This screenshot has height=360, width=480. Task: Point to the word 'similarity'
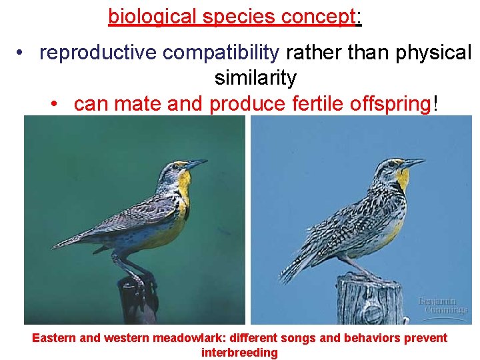[255, 78]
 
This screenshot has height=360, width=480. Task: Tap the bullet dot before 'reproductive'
[22, 53]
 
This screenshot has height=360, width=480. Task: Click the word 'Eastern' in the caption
[55, 338]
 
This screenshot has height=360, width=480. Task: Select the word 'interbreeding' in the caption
[239, 353]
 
